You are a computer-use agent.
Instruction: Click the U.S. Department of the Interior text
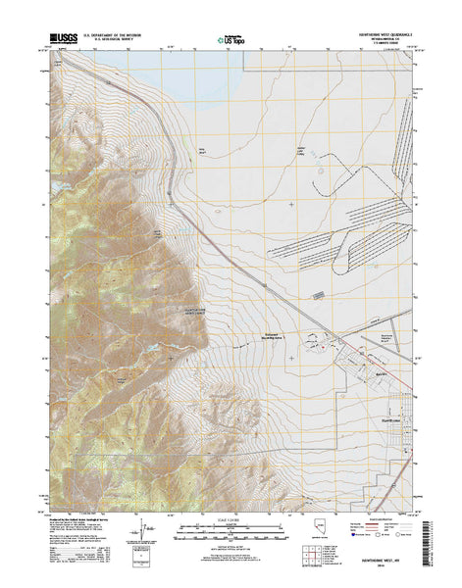coord(116,33)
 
